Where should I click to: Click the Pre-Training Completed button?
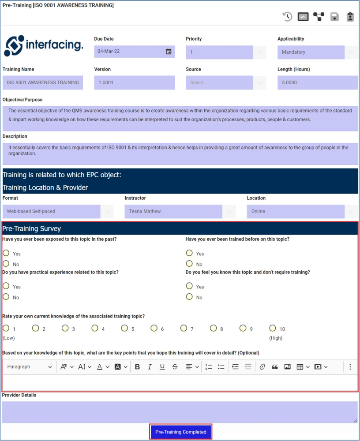pyautogui.click(x=181, y=432)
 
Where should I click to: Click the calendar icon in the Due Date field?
pyautogui.click(x=169, y=52)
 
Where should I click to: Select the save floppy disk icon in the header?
pyautogui.click(x=334, y=17)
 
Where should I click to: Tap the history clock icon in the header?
pyautogui.click(x=288, y=17)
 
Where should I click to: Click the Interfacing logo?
pyautogui.click(x=43, y=45)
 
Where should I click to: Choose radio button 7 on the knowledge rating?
pyautogui.click(x=184, y=328)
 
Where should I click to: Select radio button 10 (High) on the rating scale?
pyautogui.click(x=273, y=328)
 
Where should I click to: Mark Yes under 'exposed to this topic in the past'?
pyautogui.click(x=6, y=253)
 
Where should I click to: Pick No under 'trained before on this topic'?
pyautogui.click(x=189, y=264)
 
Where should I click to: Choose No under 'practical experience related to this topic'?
pyautogui.click(x=6, y=297)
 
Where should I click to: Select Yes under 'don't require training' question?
pyautogui.click(x=189, y=286)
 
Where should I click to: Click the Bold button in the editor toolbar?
pyautogui.click(x=137, y=366)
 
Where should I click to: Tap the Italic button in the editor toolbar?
pyautogui.click(x=150, y=366)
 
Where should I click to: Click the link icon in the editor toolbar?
pyautogui.click(x=262, y=366)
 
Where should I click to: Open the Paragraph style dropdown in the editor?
pyautogui.click(x=29, y=366)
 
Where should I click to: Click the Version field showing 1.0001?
pyautogui.click(x=134, y=82)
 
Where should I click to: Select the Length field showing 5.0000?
pyautogui.click(x=317, y=82)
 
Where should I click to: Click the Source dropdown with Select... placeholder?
pyautogui.click(x=225, y=82)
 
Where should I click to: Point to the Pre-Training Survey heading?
pyautogui.click(x=32, y=228)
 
